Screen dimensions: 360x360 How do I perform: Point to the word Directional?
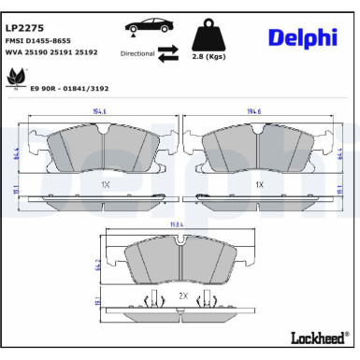click(x=137, y=54)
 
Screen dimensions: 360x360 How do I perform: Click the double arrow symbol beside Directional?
click(x=169, y=52)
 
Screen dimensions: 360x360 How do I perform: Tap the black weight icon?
click(x=208, y=36)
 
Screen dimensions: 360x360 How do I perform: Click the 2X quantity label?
click(x=183, y=297)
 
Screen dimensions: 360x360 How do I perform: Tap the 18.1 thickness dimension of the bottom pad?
click(x=96, y=301)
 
